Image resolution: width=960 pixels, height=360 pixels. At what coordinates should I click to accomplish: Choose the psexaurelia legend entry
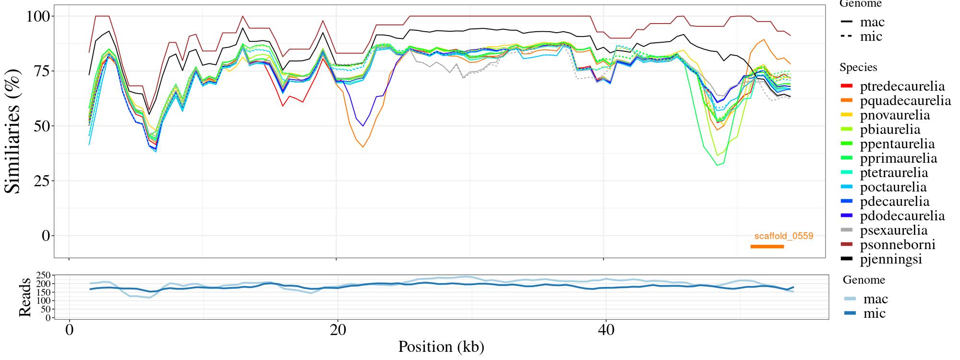(894, 230)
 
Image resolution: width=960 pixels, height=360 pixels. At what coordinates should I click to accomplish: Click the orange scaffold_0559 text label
(784, 236)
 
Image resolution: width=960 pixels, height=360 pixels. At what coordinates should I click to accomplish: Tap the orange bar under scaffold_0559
(767, 247)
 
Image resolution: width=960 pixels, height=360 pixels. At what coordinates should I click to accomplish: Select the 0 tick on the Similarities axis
(46, 236)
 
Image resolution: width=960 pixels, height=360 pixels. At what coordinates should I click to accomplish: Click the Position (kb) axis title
(441, 347)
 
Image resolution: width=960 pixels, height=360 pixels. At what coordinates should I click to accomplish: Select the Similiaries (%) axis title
(13, 131)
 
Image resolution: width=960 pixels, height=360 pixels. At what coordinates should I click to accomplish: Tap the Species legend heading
(865, 68)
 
